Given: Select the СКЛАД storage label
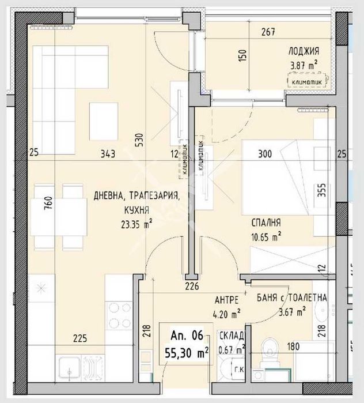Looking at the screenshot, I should [x=232, y=337].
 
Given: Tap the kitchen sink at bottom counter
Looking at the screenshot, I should [x=70, y=368].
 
